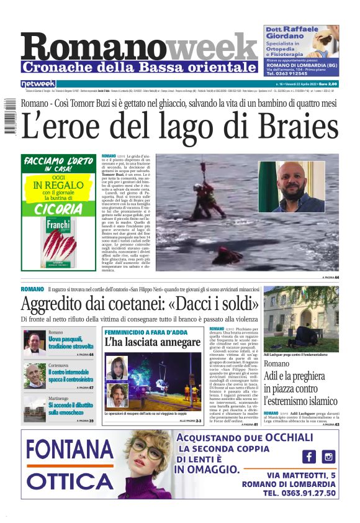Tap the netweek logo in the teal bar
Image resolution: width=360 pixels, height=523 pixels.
pyautogui.click(x=38, y=83)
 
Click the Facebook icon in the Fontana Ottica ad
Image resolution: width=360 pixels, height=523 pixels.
pyautogui.click(x=309, y=457)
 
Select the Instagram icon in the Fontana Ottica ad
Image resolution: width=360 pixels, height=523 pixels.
pyautogui.click(x=328, y=457)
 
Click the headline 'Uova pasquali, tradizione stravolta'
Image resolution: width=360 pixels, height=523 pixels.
pyautogui.click(x=71, y=343)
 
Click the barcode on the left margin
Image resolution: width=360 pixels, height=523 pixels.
pyautogui.click(x=8, y=118)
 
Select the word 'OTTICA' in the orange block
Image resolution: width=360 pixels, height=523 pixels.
pyautogui.click(x=68, y=481)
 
